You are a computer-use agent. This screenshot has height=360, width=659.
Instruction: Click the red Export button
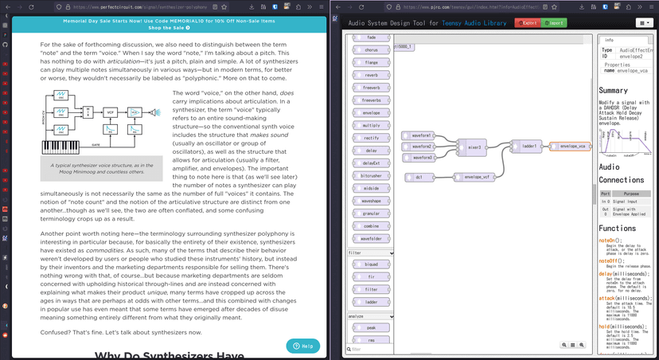tap(527, 23)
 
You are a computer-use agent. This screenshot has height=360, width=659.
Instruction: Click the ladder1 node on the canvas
tap(530, 147)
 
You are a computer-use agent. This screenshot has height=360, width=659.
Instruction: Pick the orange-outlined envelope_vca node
tap(572, 147)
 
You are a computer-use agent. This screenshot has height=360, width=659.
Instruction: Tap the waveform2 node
tap(420, 147)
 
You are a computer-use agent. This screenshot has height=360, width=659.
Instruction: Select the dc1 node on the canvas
tap(419, 177)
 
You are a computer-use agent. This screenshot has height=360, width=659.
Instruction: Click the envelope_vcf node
tap(474, 177)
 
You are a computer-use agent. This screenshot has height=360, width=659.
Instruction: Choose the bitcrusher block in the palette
tap(371, 175)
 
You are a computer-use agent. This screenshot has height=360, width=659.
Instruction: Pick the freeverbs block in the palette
tap(371, 100)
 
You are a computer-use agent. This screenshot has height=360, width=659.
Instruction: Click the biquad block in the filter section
tap(371, 264)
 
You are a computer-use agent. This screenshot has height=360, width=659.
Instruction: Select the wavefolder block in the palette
tap(371, 239)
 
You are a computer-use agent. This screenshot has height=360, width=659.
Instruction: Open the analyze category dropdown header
tap(371, 316)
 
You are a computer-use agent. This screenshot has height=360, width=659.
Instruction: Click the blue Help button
tap(302, 346)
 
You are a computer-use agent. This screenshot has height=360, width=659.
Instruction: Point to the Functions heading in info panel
tap(618, 228)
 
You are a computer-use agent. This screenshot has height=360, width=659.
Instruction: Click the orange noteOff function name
tap(610, 260)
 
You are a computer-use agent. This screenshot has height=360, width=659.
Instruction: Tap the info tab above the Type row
tap(610, 39)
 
